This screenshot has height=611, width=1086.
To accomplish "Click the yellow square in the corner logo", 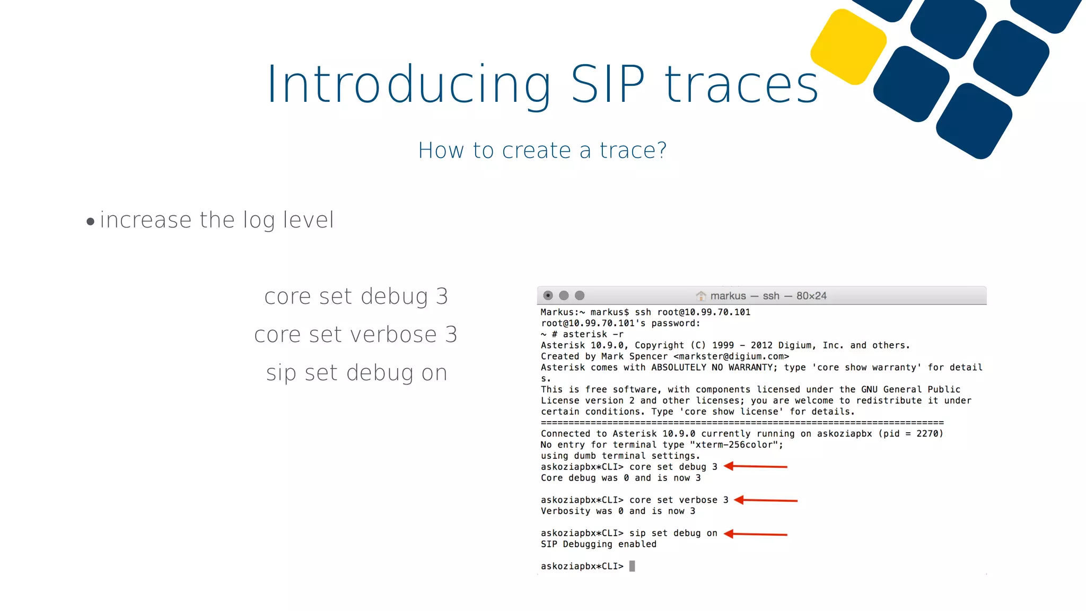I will pos(848,47).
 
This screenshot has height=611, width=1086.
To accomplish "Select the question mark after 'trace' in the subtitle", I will pos(661,150).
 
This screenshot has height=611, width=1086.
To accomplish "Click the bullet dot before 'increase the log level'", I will pos(90,222).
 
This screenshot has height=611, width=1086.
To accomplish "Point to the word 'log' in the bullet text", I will pos(259,220).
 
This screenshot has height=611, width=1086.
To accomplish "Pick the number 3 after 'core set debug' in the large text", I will pos(442,296).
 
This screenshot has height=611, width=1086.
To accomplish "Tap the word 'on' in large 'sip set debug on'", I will pos(434,373).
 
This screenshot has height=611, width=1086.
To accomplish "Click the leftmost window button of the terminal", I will pos(548,295).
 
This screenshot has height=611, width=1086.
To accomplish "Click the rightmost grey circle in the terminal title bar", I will pos(580,295).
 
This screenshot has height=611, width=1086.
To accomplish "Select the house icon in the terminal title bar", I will pos(701,295).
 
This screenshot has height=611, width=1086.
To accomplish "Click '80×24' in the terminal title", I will pos(811,296).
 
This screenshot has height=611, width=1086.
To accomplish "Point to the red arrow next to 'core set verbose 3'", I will pos(766,500).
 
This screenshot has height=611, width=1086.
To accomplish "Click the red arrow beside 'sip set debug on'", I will pos(756,534).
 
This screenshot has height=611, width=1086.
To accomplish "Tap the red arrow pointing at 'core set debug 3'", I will pos(756,467).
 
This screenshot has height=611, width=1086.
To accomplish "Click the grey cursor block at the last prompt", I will pos(632,566).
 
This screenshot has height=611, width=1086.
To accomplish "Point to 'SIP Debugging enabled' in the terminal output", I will pos(598,544).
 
